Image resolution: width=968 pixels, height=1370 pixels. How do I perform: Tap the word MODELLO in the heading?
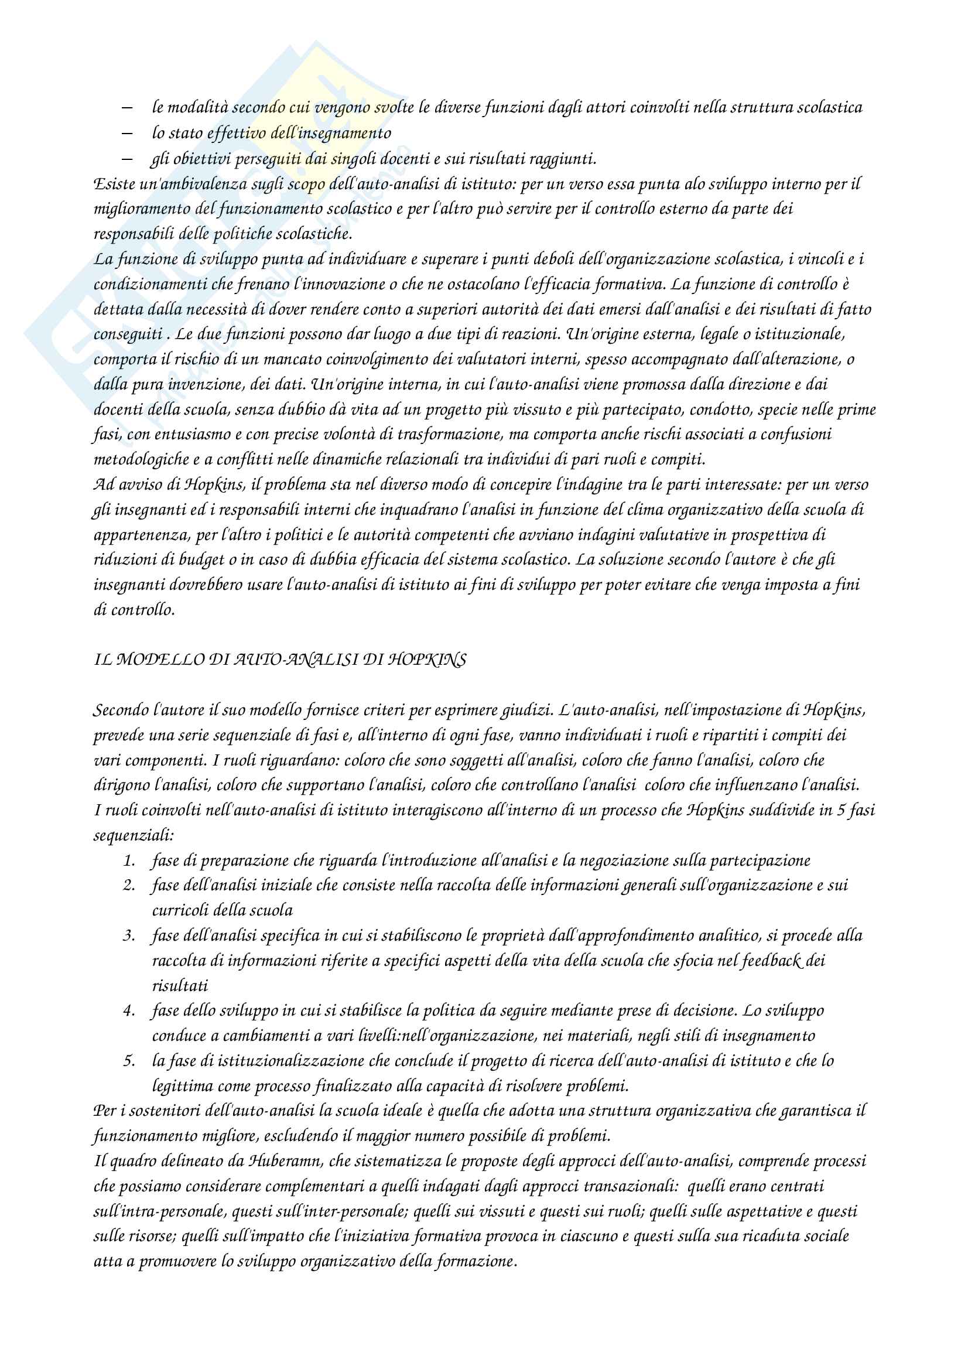coord(158,660)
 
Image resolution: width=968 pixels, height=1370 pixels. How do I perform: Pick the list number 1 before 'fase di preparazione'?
coord(129,860)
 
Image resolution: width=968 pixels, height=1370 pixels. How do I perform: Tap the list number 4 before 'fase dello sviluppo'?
coord(129,1010)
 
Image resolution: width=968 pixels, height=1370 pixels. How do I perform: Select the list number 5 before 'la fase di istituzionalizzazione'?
coord(129,1060)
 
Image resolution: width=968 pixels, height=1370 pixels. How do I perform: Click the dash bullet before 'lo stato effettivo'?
coord(126,133)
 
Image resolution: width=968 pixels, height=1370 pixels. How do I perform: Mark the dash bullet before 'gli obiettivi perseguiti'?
coord(126,159)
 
